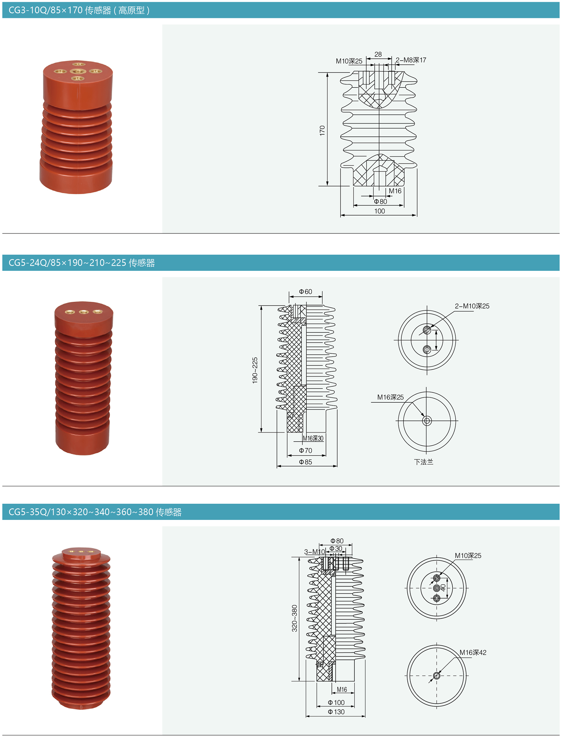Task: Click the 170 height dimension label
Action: coord(322,130)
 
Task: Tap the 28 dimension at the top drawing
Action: coord(378,54)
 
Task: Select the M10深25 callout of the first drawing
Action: coord(349,61)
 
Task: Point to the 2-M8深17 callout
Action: coord(411,60)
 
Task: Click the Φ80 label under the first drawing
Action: coord(380,201)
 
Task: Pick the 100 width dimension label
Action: coord(380,211)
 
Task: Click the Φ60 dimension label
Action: coord(305,291)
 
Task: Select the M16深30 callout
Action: coord(313,438)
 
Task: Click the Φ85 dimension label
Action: coord(305,462)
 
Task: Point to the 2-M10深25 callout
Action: coord(472,306)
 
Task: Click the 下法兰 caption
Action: coord(424,462)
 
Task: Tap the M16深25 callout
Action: coord(390,397)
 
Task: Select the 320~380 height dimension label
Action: coord(295,618)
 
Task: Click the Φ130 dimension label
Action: coord(336,712)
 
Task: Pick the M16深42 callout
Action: coord(473,652)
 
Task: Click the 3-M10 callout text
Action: coord(315,552)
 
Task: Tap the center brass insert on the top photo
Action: coord(78,71)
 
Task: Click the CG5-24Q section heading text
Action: coord(81,263)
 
